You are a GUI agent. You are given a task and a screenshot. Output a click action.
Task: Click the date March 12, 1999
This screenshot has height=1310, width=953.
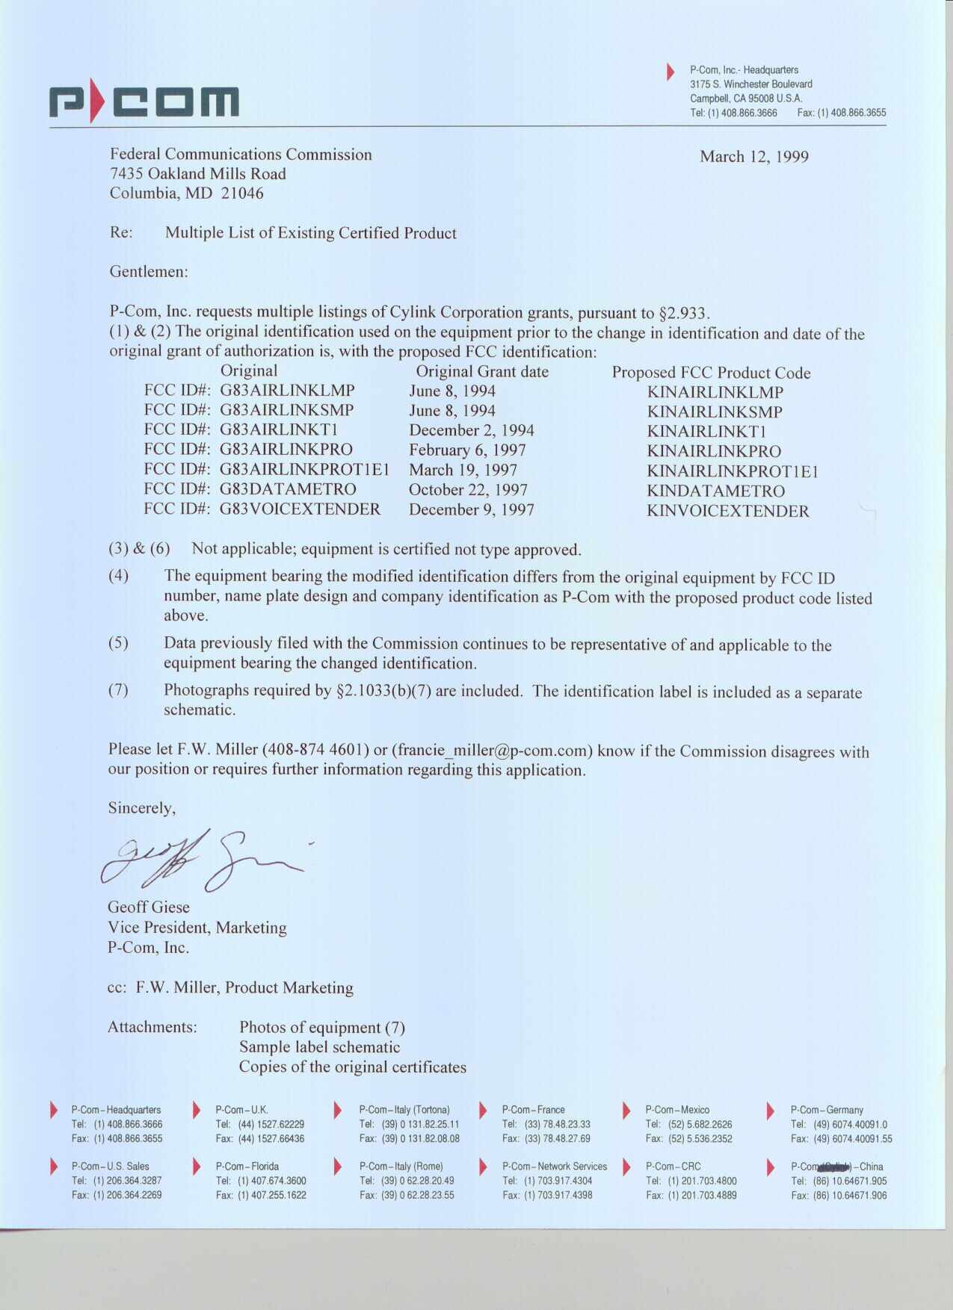click(753, 157)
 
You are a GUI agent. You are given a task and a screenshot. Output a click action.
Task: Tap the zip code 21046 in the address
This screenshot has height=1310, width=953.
click(242, 193)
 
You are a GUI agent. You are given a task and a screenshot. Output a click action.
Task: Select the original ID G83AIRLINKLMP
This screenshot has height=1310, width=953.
click(287, 391)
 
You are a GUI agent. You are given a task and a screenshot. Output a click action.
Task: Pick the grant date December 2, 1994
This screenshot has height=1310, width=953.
click(471, 430)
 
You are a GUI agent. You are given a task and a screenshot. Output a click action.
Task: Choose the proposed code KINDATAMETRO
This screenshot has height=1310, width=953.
click(715, 491)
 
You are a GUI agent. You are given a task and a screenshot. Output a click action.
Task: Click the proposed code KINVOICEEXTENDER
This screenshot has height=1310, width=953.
click(727, 512)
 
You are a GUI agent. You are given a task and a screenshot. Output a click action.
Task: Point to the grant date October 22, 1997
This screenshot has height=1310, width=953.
click(468, 490)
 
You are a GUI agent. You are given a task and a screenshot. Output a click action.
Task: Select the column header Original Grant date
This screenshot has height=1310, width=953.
click(482, 372)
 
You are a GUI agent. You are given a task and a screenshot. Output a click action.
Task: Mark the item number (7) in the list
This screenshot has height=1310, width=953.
click(118, 690)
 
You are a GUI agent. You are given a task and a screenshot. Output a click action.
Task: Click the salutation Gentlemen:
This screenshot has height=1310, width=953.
click(149, 272)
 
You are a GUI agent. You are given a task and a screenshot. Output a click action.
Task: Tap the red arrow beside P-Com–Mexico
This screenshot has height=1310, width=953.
click(626, 1111)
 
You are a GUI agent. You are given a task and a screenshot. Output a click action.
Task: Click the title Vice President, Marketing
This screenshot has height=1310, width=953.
click(197, 928)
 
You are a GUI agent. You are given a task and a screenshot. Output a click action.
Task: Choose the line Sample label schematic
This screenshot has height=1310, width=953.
click(319, 1047)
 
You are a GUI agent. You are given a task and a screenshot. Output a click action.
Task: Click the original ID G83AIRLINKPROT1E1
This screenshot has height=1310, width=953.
click(304, 469)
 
